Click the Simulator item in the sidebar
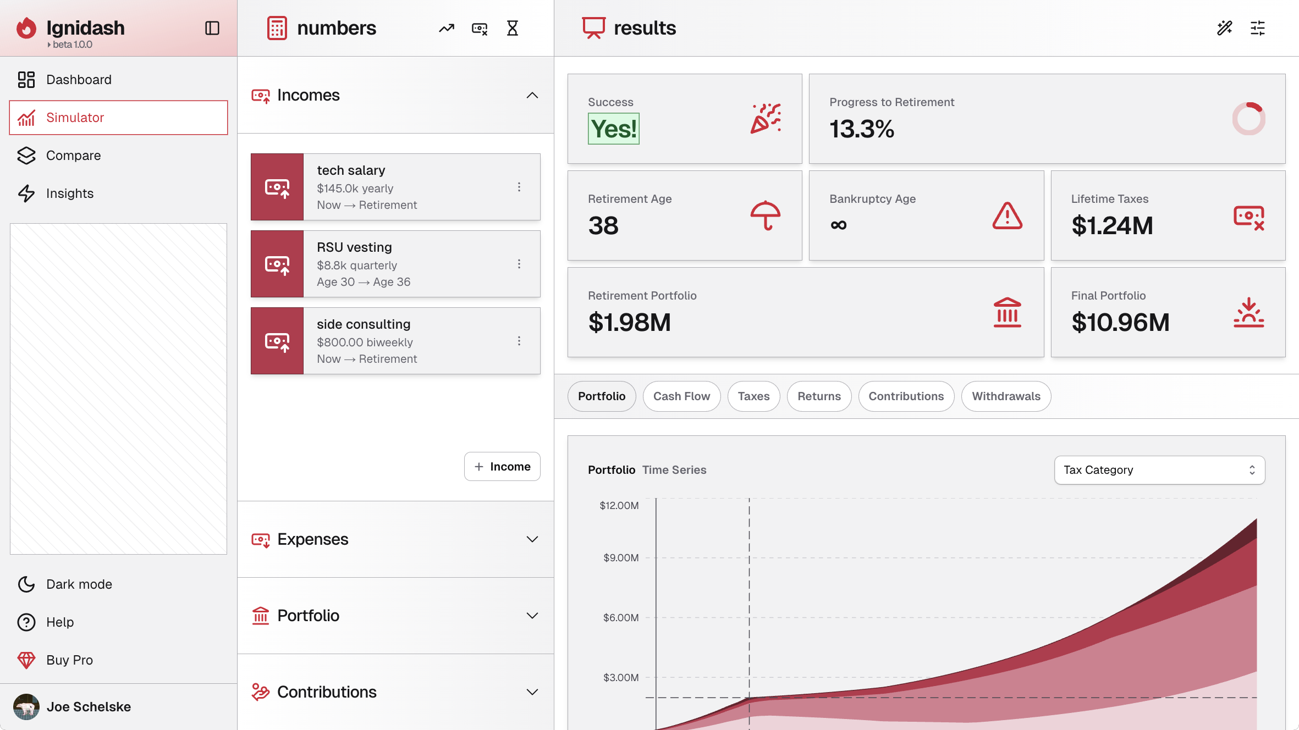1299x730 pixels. (118, 118)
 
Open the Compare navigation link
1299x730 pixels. (73, 156)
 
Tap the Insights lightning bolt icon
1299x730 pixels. (26, 193)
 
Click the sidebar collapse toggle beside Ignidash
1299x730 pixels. (212, 28)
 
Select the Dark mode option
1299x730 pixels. (79, 584)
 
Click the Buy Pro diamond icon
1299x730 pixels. (26, 660)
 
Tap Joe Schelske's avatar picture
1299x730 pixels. (26, 707)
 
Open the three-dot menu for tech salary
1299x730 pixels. (519, 187)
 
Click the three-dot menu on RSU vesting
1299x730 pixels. (519, 264)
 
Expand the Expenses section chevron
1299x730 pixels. (532, 539)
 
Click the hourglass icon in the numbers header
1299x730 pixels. (512, 28)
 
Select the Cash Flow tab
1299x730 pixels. (681, 396)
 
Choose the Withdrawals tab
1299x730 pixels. (1006, 396)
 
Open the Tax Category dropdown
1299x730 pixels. (1159, 470)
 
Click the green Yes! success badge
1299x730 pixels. (613, 129)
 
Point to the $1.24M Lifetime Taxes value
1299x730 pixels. (1112, 226)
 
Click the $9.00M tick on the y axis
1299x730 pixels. (621, 558)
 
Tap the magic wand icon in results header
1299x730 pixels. (1224, 28)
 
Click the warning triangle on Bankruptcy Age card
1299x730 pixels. (1007, 215)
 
